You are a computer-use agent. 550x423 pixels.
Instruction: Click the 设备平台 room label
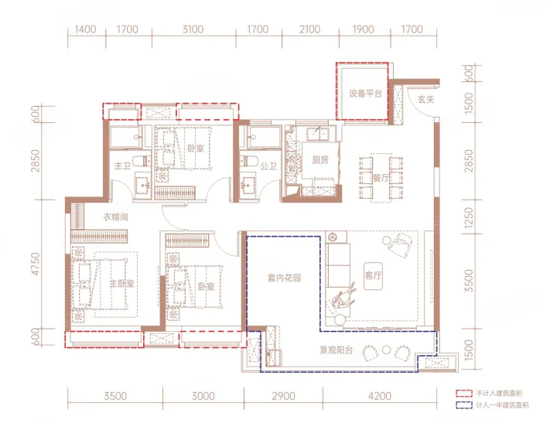tap(365, 94)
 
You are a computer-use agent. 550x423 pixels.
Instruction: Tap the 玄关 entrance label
tap(425, 100)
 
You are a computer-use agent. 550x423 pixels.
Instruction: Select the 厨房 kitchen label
tap(320, 160)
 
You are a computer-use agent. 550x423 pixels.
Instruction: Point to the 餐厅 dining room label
tap(381, 178)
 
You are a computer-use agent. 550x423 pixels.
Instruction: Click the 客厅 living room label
tap(373, 276)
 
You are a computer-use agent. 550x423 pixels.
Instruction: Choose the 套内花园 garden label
tap(284, 278)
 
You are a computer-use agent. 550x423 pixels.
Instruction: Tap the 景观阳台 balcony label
tap(336, 350)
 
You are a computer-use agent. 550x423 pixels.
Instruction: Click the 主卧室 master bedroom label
tap(121, 283)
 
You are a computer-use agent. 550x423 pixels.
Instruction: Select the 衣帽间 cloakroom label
tap(115, 217)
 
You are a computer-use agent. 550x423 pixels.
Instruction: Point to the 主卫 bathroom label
tap(122, 165)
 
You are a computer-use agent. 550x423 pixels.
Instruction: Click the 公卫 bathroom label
tap(268, 166)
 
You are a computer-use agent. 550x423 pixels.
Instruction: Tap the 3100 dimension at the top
tap(193, 29)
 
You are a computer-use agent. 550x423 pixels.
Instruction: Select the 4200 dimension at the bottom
tap(380, 397)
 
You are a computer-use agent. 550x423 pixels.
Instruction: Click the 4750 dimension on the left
tap(36, 264)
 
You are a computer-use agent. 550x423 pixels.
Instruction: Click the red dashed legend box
tap(464, 393)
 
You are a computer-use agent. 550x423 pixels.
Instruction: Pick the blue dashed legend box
tap(464, 405)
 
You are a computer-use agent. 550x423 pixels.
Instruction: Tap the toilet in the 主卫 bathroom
tap(143, 161)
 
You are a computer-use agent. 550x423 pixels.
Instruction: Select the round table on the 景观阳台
tap(386, 350)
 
